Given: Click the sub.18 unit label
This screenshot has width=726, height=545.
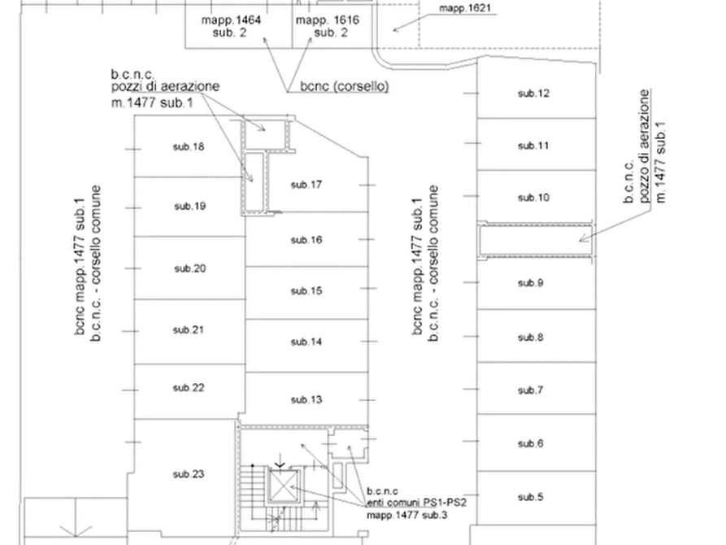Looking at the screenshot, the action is tap(189, 147).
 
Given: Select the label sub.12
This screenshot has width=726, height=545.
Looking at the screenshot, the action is tap(533, 94).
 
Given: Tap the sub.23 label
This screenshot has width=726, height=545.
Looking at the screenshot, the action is tap(189, 474).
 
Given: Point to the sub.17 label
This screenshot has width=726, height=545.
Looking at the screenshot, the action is tap(306, 185).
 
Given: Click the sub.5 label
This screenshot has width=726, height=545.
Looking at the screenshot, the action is tap(531, 497).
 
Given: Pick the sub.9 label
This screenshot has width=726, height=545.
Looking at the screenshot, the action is tap(531, 283).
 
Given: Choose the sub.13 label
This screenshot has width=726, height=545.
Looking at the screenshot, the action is tap(306, 399).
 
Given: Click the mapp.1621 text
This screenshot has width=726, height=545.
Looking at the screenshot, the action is tap(465, 8).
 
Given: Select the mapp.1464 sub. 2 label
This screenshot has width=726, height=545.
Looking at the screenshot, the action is tap(231, 26).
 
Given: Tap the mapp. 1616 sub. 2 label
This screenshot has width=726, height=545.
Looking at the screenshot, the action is tap(328, 26).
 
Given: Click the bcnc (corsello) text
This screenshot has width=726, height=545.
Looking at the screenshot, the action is tap(345, 86).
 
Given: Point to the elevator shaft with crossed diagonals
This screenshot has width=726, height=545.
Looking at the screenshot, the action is tap(283, 486).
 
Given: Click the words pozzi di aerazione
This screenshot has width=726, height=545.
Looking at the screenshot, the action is tap(165, 87).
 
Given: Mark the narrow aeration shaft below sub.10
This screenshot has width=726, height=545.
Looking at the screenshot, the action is tap(536, 240).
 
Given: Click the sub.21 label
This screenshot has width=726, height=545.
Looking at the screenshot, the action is tap(189, 330).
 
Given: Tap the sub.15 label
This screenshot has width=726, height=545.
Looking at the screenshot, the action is tap(306, 291).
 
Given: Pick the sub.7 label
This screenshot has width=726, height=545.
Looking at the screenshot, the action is tap(531, 390).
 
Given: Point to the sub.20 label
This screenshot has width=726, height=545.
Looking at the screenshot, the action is tap(190, 268).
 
